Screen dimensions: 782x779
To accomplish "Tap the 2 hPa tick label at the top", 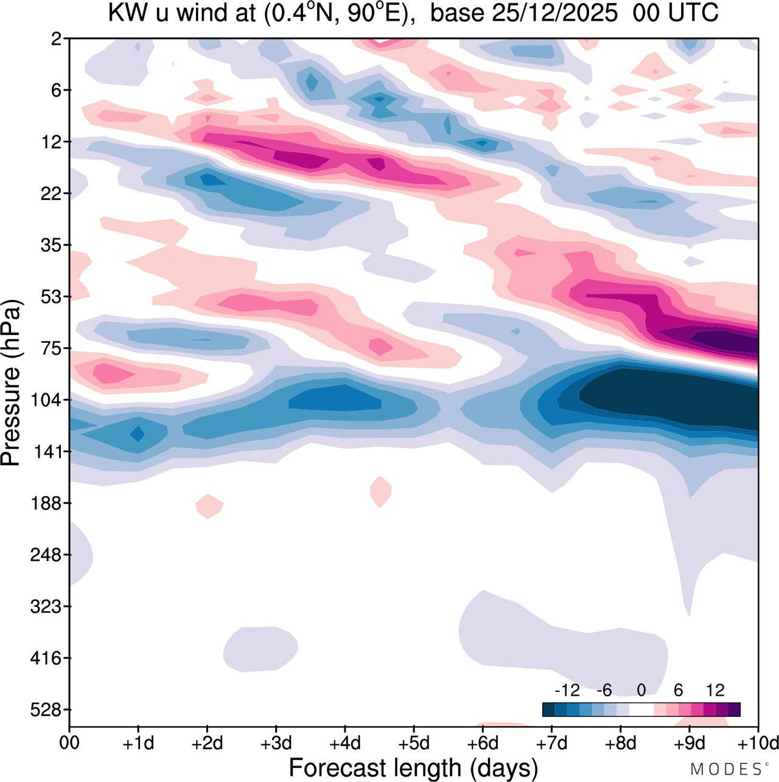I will [x=57, y=39].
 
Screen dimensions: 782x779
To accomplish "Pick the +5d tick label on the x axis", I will [x=414, y=744].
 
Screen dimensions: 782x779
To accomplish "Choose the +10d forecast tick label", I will [x=758, y=744].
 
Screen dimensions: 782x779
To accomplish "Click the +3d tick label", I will [x=276, y=744].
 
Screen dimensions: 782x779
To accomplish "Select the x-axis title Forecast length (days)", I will [x=413, y=768].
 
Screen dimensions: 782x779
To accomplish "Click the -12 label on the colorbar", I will [x=567, y=691].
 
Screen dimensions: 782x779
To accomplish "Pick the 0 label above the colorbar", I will [x=641, y=691].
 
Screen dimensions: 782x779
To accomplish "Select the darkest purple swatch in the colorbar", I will [x=734, y=710].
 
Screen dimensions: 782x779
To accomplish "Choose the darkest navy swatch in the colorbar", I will [x=548, y=710].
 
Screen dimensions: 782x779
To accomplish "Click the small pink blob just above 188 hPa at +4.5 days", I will [x=380, y=491].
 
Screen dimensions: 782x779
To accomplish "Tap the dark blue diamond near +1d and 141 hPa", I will [x=138, y=434].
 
